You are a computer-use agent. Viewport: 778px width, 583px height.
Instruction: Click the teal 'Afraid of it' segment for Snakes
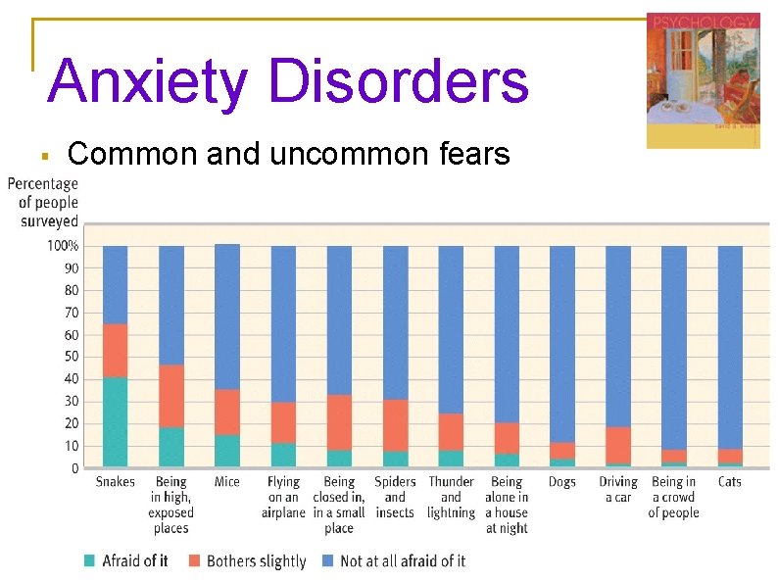coord(116,421)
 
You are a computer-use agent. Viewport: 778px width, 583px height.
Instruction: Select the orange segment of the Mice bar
coord(227,413)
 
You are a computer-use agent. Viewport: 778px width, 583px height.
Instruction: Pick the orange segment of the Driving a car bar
coord(618,445)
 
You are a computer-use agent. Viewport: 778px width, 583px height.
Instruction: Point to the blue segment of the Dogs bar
coord(562,344)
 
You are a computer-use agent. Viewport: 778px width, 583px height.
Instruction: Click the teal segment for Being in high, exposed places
coord(171,446)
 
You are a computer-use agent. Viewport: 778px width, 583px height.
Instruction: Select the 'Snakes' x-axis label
coord(116,482)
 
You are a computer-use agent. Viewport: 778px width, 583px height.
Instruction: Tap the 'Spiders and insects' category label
coord(395,497)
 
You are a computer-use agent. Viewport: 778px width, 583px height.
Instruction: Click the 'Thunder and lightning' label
coord(451,497)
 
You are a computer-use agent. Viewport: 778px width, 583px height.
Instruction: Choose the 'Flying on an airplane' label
coord(283,497)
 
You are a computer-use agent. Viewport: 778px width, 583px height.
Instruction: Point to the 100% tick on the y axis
coord(64,245)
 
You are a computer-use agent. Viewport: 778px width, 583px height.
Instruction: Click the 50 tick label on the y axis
coord(72,357)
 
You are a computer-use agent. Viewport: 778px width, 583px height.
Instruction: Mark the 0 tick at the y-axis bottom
coord(75,468)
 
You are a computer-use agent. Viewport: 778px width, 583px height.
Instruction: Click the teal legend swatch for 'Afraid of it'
coord(90,561)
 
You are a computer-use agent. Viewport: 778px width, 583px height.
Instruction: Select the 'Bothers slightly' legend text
coord(257,561)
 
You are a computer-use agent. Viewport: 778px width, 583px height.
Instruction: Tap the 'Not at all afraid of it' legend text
coord(403,561)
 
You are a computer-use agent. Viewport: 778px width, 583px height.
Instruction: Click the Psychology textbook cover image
coord(703,81)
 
